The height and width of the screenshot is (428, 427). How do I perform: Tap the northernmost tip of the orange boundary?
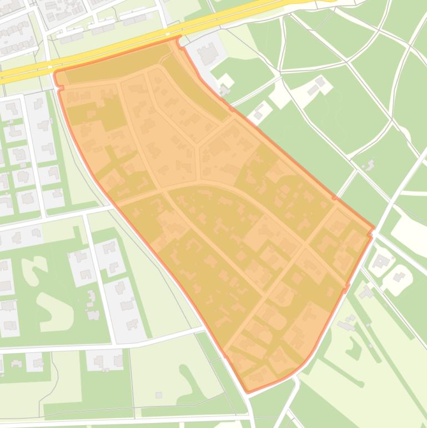pos(179,37)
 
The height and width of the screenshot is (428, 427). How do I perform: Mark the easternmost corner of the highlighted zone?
pos(373,227)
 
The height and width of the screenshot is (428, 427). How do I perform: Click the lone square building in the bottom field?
pos(158,395)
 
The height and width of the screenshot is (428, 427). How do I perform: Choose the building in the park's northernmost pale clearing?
pos(317,86)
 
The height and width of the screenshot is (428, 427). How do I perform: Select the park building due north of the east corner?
pos(369,165)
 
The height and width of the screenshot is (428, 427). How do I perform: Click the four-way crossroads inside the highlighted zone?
pos(305,243)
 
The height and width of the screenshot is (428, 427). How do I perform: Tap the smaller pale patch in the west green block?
pos(33,267)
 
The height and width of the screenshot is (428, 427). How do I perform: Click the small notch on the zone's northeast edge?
pos(334,197)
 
